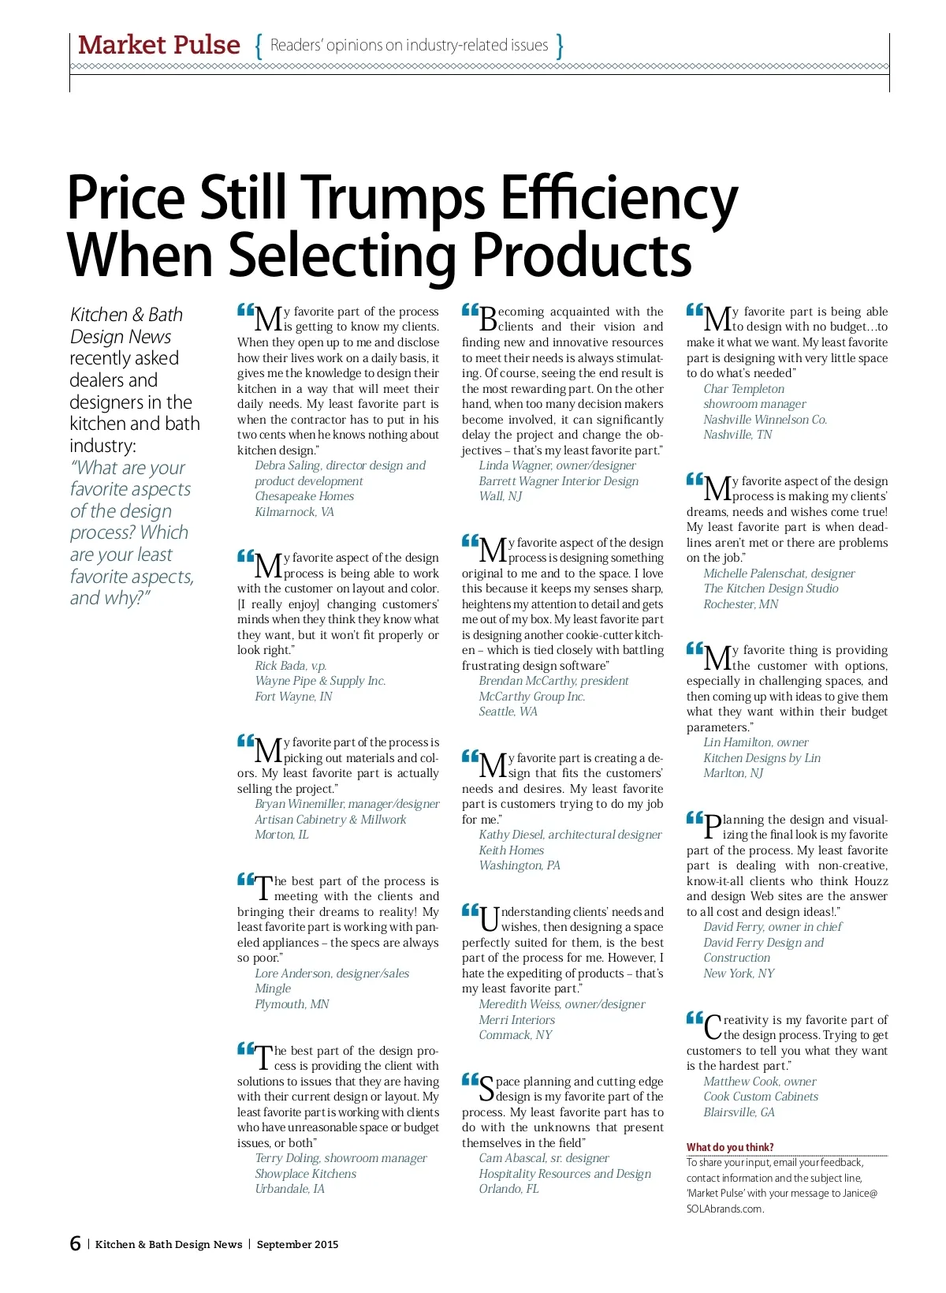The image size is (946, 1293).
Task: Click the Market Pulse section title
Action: [158, 45]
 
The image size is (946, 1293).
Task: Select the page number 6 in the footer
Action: [75, 1244]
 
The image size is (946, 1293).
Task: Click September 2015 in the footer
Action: [297, 1245]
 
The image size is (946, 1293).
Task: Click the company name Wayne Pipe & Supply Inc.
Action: [320, 681]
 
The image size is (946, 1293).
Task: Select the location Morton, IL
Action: [281, 835]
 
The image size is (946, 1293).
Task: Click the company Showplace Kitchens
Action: [305, 1174]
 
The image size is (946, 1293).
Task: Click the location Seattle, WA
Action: [508, 712]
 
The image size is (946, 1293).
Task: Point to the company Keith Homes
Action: [511, 850]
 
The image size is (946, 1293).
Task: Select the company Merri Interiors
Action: [516, 1020]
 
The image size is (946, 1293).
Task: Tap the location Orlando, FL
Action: [508, 1189]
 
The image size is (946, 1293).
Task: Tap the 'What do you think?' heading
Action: [730, 1147]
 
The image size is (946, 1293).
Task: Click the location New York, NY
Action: [739, 973]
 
